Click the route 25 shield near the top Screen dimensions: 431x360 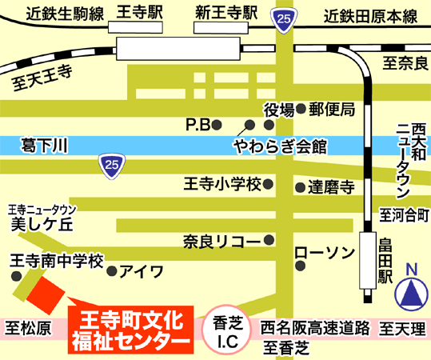point(284,20)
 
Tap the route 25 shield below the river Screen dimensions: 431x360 point(112,166)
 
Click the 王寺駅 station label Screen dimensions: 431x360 point(140,12)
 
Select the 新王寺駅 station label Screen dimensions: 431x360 point(226,13)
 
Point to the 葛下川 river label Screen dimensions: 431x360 point(45,146)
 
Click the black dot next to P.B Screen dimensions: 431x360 point(217,125)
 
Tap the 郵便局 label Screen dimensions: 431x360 point(332,109)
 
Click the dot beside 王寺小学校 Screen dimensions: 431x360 point(268,184)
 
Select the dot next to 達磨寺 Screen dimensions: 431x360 point(300,187)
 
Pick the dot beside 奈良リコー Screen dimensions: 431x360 point(269,240)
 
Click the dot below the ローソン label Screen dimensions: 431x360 point(301,266)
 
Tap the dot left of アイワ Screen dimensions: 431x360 point(112,271)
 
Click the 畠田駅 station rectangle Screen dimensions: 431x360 point(368,261)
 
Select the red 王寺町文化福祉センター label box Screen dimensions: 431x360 point(131,330)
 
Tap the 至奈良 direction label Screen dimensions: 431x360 point(405,63)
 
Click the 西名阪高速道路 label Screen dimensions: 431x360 point(315,328)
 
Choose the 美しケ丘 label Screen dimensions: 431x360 point(42,225)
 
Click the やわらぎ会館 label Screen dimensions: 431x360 point(281,146)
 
